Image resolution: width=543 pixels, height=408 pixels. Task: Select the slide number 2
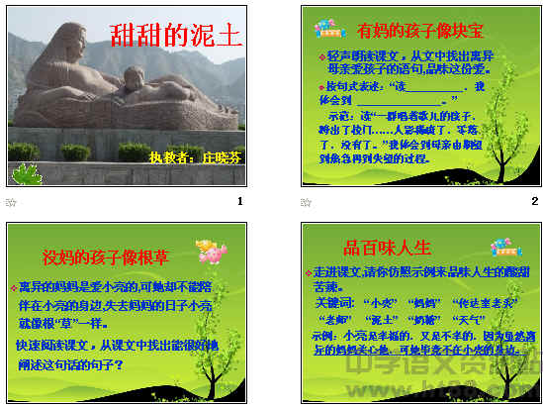click(x=535, y=201)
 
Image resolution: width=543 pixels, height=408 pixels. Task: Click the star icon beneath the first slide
click(x=11, y=201)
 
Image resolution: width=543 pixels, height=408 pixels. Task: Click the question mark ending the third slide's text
click(x=119, y=363)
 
